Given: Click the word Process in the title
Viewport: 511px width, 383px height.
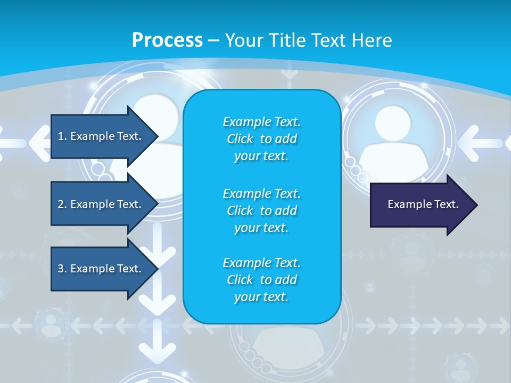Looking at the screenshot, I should [167, 40].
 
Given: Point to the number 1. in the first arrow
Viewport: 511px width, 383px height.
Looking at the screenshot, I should [62, 136].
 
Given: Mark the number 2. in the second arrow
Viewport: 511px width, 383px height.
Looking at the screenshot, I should [62, 204].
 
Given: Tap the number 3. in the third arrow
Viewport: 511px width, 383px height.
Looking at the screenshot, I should [62, 269].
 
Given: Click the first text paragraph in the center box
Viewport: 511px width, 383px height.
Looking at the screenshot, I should [261, 139].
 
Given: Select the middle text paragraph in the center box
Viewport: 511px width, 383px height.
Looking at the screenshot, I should [261, 211].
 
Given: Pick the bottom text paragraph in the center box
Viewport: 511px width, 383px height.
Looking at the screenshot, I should [261, 280].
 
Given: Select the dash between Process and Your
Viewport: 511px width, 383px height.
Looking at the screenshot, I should [213, 40].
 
